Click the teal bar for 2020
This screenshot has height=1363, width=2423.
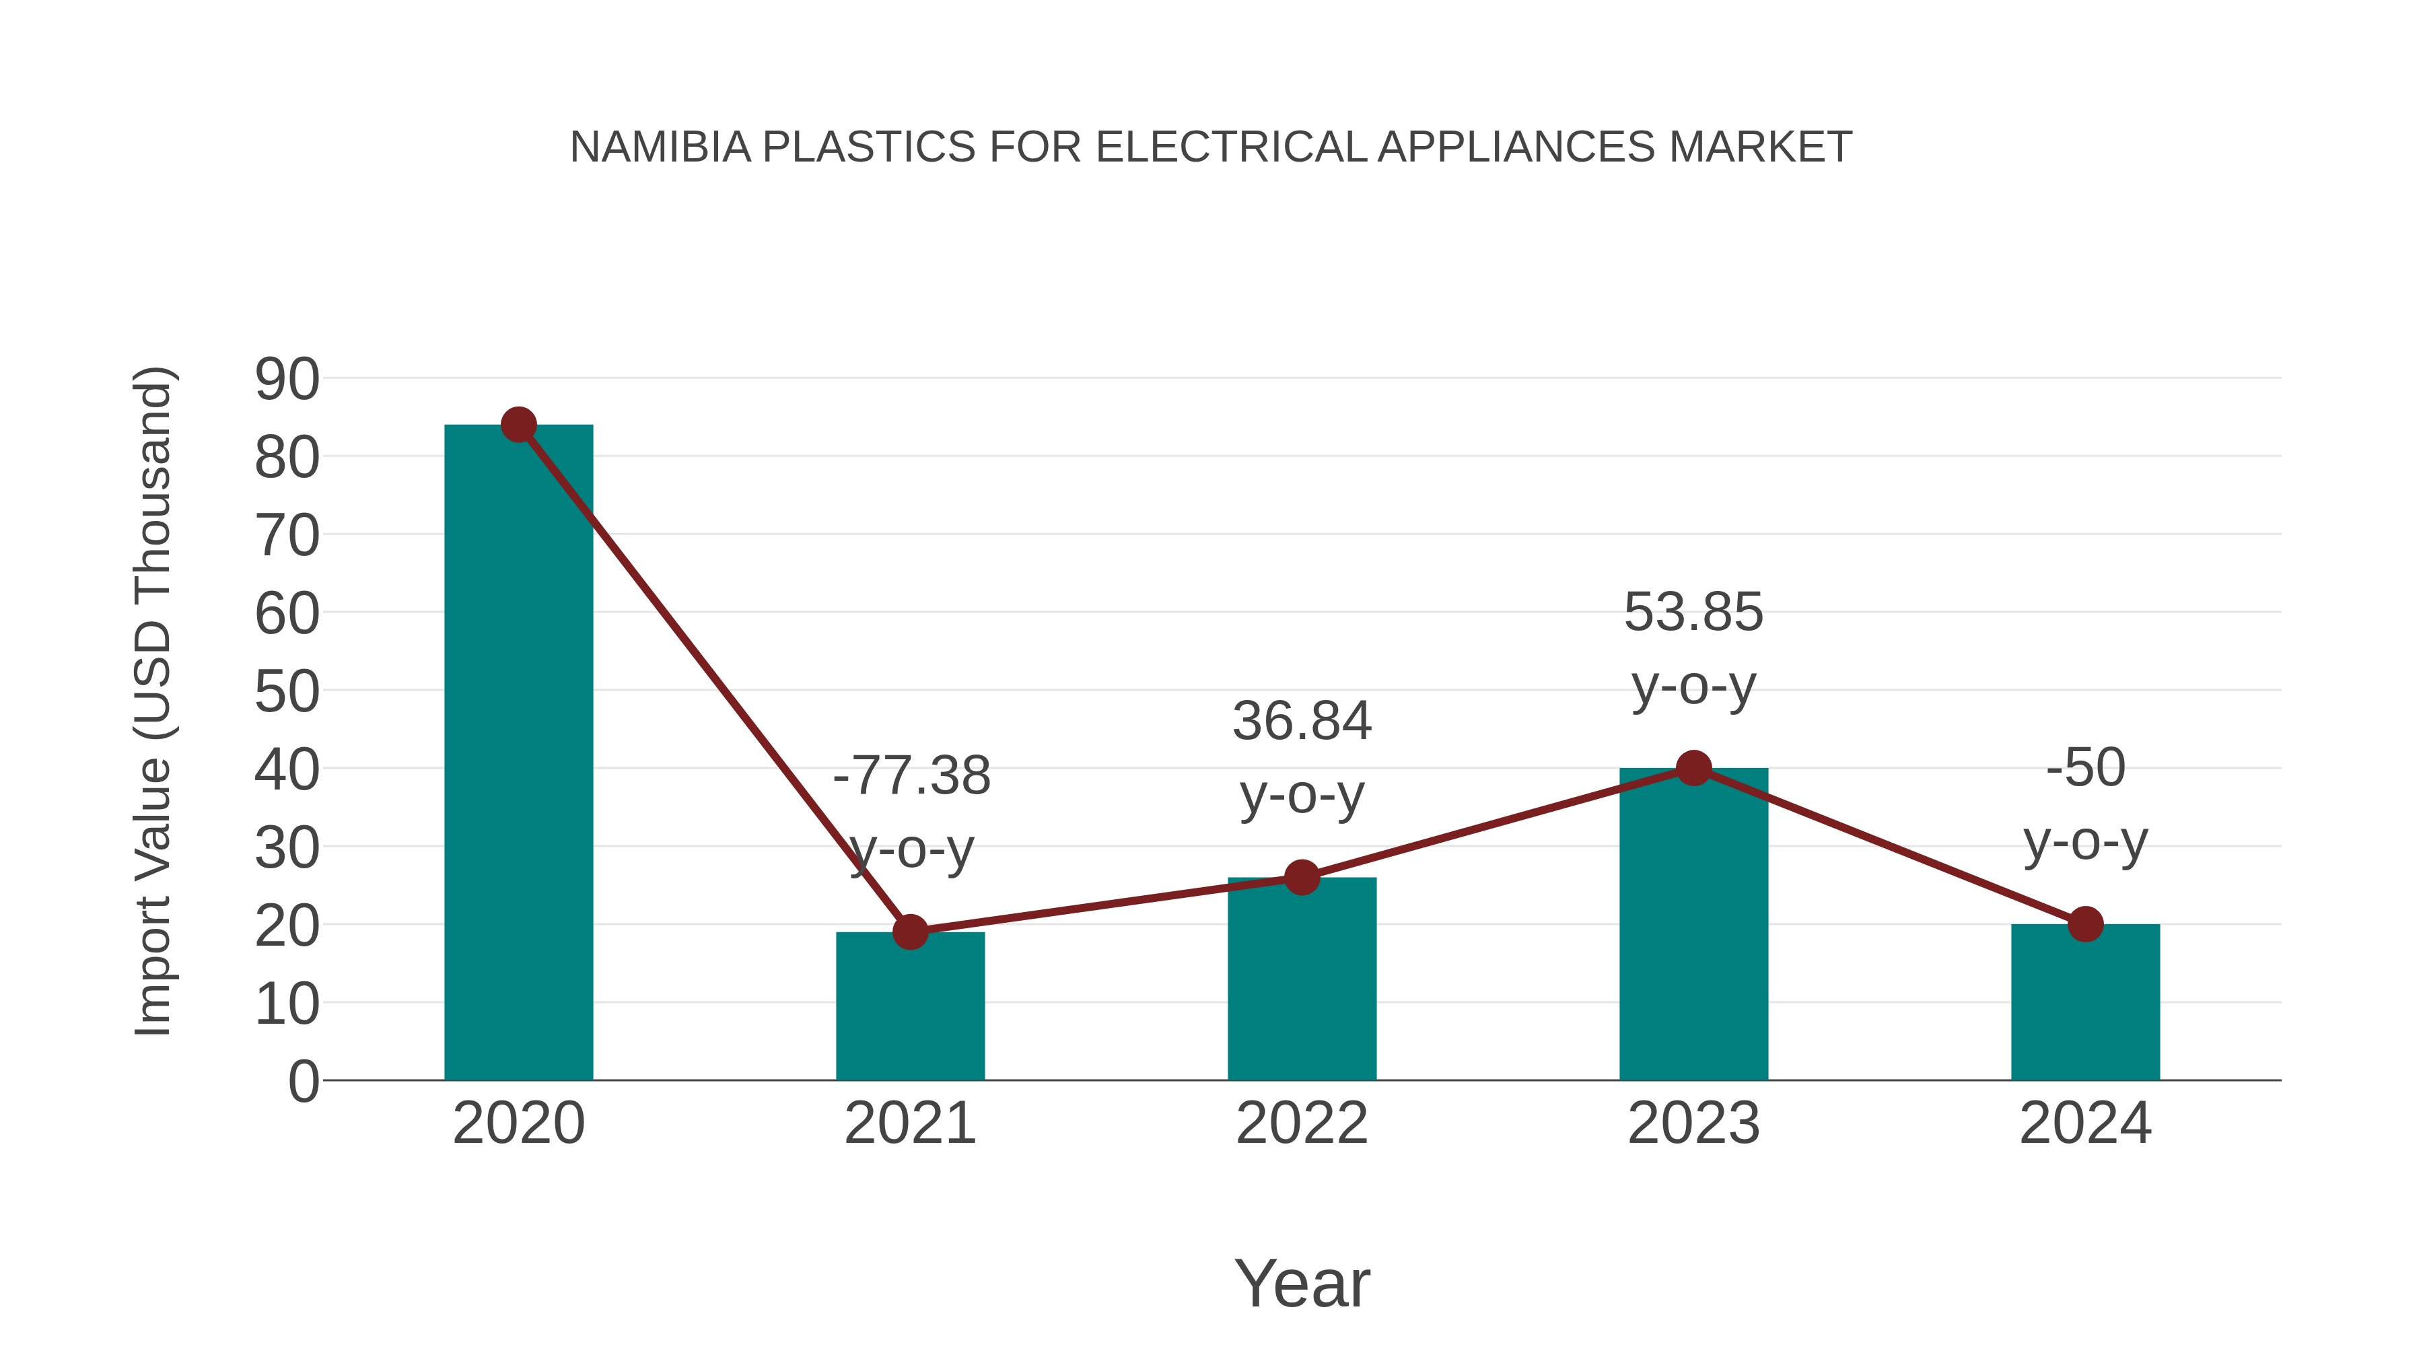(518, 753)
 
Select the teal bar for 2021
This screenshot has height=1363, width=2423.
(909, 1006)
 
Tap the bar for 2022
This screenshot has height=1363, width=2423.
(1302, 978)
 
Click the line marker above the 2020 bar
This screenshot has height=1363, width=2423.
(518, 425)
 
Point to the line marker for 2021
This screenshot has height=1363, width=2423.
(909, 932)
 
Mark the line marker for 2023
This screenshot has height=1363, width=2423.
(1693, 769)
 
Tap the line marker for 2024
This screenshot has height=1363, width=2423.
(2085, 925)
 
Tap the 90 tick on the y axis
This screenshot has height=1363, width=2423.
(287, 380)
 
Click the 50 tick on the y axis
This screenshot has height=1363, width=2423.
(287, 693)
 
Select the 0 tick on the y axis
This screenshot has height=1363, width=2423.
(303, 1082)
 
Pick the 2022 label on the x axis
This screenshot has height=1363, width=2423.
(1302, 1123)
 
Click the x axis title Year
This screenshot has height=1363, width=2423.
(1302, 1284)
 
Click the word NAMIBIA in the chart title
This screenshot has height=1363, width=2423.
(660, 147)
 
